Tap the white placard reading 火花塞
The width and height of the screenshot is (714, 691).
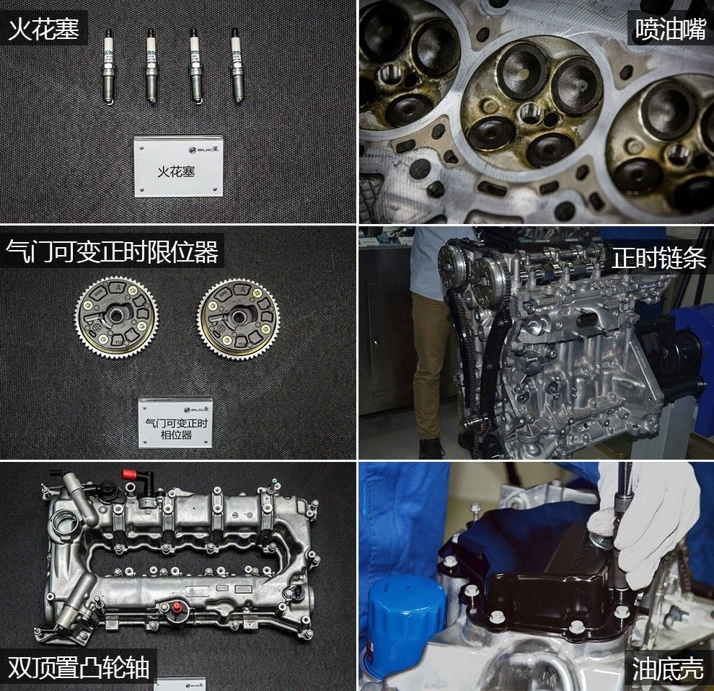178,166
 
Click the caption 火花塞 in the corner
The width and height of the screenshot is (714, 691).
43,30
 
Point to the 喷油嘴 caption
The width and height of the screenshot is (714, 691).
669,30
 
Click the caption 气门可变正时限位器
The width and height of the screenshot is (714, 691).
112,252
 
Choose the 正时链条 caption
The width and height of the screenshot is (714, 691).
658,258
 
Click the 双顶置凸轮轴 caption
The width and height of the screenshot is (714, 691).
79,667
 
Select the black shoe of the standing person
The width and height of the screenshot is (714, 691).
431,448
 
